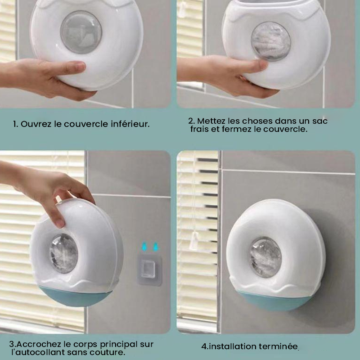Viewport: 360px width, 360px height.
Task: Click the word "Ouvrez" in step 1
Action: (x=36, y=124)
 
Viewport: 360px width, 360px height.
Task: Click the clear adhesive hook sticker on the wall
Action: (x=149, y=270)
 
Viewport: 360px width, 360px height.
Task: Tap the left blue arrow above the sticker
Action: (x=144, y=247)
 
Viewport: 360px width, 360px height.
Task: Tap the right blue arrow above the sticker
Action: (x=155, y=247)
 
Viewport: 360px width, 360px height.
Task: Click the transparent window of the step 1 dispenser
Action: (x=81, y=32)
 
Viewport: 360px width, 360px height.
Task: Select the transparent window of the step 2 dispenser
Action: (x=271, y=41)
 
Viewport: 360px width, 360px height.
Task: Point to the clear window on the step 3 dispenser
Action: (x=63, y=253)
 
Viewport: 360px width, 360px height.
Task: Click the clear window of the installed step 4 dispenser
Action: (x=265, y=257)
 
